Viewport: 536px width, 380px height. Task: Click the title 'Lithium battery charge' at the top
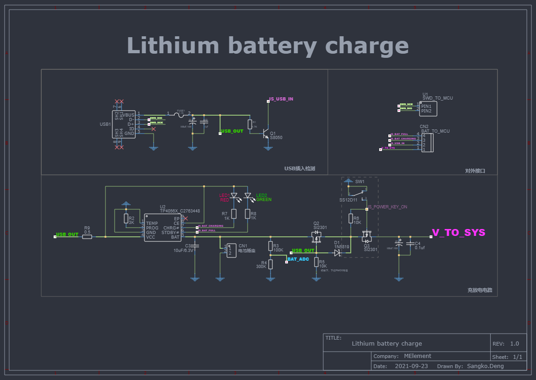tap(267, 46)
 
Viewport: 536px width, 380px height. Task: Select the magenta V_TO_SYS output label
tap(459, 233)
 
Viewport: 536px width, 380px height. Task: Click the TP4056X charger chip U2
tap(163, 227)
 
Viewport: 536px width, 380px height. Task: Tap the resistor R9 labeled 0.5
tap(87, 237)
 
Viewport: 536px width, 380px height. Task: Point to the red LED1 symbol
tap(234, 196)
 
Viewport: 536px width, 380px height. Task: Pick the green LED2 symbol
tap(248, 196)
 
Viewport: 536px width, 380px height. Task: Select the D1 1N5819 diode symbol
tap(337, 252)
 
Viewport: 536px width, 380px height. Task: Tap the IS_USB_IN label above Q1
tap(281, 99)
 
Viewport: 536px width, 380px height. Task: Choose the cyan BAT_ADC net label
tap(298, 259)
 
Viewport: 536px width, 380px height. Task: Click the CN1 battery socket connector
tap(231, 251)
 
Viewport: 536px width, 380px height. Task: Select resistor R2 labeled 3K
tap(126, 218)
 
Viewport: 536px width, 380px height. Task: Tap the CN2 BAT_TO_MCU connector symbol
tap(426, 143)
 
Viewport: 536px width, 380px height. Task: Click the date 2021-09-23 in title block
tap(411, 366)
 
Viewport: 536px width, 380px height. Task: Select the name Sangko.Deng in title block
tap(485, 366)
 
